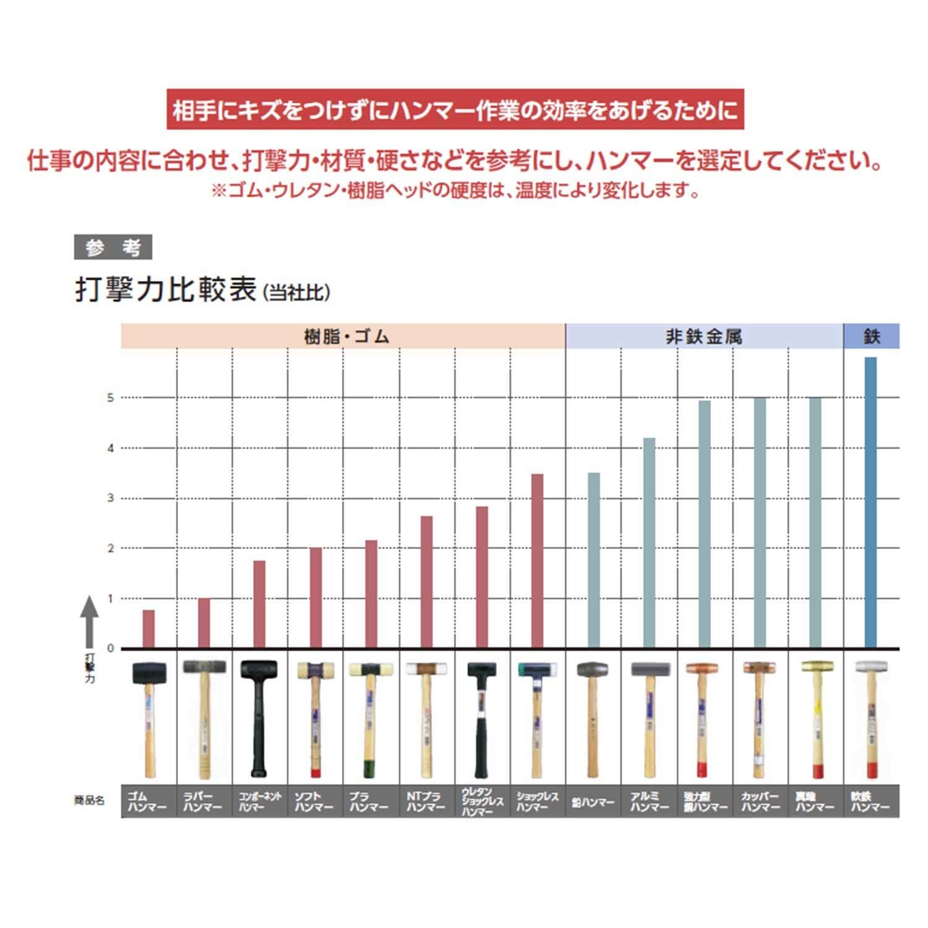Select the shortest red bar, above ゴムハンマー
pyautogui.click(x=148, y=629)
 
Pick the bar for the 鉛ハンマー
pyautogui.click(x=593, y=561)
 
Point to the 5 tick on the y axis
pyautogui.click(x=111, y=398)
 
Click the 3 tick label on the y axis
pyautogui.click(x=111, y=498)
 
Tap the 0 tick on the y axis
pyautogui.click(x=111, y=648)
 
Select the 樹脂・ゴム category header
pyautogui.click(x=344, y=337)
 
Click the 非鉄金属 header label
pyautogui.click(x=704, y=337)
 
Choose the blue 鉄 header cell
pyautogui.click(x=871, y=337)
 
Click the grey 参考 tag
pyautogui.click(x=113, y=247)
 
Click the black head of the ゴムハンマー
pyautogui.click(x=149, y=672)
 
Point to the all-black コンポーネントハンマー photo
pyautogui.click(x=259, y=718)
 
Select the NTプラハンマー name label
pyautogui.click(x=426, y=802)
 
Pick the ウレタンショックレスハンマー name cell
pyautogui.click(x=482, y=802)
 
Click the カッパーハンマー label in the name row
pyautogui.click(x=760, y=802)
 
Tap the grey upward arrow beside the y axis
pyautogui.click(x=90, y=619)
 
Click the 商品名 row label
pyautogui.click(x=89, y=801)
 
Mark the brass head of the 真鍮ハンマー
pyautogui.click(x=817, y=666)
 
